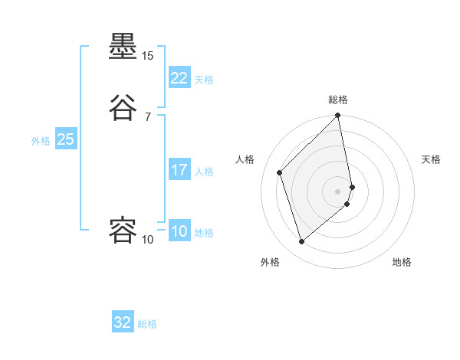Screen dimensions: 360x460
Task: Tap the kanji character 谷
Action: [123, 107]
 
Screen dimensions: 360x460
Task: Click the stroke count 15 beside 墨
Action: [147, 56]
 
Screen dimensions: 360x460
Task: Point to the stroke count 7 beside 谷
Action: [147, 117]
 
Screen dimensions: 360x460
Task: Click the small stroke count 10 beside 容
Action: [147, 240]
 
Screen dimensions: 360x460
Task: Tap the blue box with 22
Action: [179, 78]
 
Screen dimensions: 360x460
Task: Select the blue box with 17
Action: [179, 170]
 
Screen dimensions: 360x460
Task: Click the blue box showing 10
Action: [179, 231]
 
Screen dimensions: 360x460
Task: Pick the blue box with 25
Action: [65, 139]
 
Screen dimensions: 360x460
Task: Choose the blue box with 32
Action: [123, 323]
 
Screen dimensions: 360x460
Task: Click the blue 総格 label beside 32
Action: [147, 324]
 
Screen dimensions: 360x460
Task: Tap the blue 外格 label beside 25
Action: [41, 140]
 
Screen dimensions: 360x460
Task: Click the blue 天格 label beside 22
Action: [204, 79]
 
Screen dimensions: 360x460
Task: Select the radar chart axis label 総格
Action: [338, 100]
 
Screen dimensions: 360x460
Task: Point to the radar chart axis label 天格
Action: [432, 159]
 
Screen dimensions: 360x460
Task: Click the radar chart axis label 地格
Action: [402, 262]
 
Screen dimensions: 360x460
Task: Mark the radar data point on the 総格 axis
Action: [338, 116]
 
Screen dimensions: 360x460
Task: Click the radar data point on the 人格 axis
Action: [280, 172]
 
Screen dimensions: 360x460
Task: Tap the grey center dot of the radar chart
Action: [338, 191]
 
